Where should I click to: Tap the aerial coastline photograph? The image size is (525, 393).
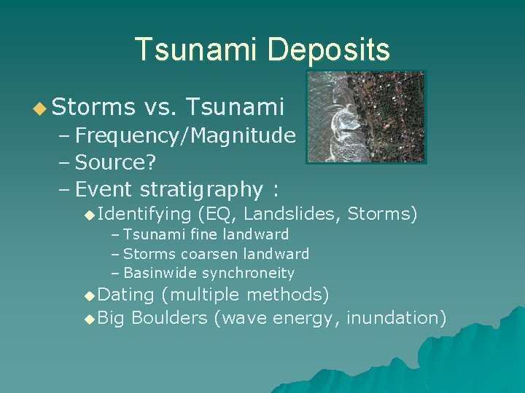[x=366, y=117]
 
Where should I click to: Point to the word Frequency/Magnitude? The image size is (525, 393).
[x=185, y=135]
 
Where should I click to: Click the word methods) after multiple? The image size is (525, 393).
[x=288, y=295]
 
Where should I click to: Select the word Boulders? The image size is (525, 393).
[x=169, y=318]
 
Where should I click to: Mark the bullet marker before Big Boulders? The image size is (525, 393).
[x=89, y=318]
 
